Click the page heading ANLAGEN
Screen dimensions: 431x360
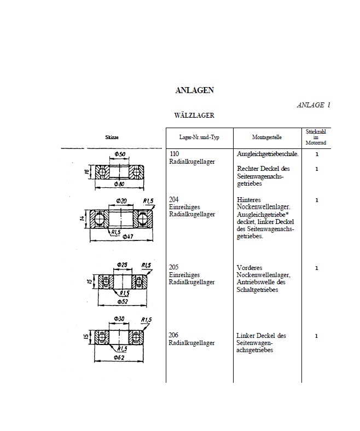click(194, 90)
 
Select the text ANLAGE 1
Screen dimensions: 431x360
click(313, 105)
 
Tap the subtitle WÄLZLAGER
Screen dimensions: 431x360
click(194, 116)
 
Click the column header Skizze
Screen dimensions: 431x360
click(112, 137)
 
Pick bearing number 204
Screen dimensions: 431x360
click(176, 200)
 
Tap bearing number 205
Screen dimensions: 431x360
click(176, 268)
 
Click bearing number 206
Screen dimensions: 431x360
click(176, 336)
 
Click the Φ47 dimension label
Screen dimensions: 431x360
click(129, 237)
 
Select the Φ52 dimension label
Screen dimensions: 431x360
click(123, 302)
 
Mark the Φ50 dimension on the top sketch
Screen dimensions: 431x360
click(121, 154)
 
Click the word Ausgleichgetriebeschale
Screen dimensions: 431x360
click(267, 155)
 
